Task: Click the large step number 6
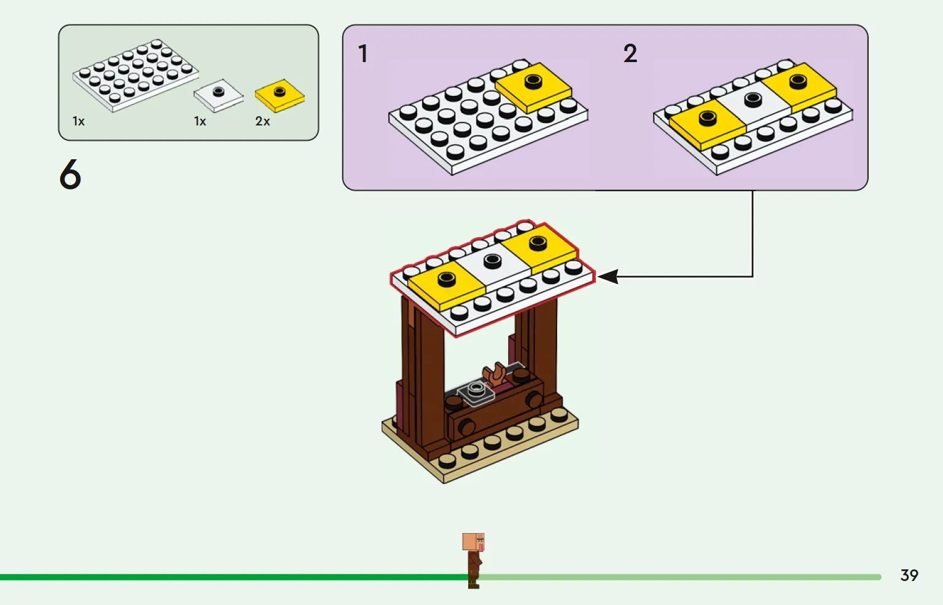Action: click(x=70, y=174)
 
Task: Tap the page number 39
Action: click(x=909, y=575)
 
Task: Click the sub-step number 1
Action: click(x=363, y=53)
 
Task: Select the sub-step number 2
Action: click(x=630, y=53)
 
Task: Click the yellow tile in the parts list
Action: click(x=280, y=95)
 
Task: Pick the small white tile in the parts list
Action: click(x=218, y=95)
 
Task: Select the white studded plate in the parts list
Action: click(x=135, y=75)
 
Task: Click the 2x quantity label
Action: click(x=262, y=122)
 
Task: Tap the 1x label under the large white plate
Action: click(x=79, y=122)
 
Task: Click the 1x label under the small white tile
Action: click(x=200, y=122)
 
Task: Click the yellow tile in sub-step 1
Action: click(x=533, y=85)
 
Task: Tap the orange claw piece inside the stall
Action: click(x=495, y=374)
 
